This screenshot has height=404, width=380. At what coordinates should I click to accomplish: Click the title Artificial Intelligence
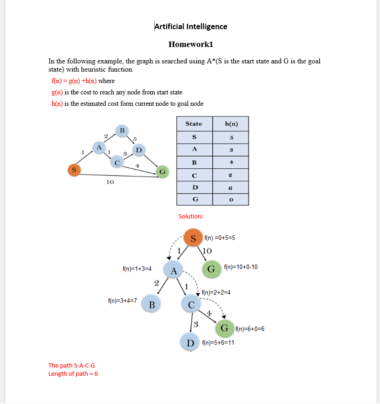tap(191, 26)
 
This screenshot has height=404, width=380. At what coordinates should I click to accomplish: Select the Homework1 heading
tap(190, 44)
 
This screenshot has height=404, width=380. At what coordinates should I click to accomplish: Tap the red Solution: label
tap(191, 216)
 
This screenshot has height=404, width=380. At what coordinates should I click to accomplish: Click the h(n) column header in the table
tap(231, 124)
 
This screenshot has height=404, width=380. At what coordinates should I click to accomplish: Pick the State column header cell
tap(194, 124)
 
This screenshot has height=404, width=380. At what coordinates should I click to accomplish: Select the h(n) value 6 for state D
tap(231, 187)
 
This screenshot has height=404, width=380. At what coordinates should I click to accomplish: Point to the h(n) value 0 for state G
tap(231, 200)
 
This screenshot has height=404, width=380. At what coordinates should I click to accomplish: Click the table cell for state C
tap(194, 175)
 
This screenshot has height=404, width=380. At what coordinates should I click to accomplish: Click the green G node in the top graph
tap(162, 172)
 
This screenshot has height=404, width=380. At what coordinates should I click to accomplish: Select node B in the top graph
tap(121, 130)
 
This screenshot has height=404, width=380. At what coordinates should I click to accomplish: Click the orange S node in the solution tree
tap(193, 238)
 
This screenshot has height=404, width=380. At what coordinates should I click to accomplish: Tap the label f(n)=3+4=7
tap(122, 300)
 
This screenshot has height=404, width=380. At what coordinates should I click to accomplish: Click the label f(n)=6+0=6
tap(250, 329)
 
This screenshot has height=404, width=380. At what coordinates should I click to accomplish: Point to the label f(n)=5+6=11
tap(218, 342)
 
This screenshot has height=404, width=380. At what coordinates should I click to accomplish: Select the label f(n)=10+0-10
tap(241, 267)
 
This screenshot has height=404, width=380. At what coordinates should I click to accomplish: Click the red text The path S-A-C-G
tap(72, 365)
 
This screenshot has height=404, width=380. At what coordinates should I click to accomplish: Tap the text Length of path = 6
tap(73, 374)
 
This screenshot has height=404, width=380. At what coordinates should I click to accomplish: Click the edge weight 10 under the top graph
tap(110, 182)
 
